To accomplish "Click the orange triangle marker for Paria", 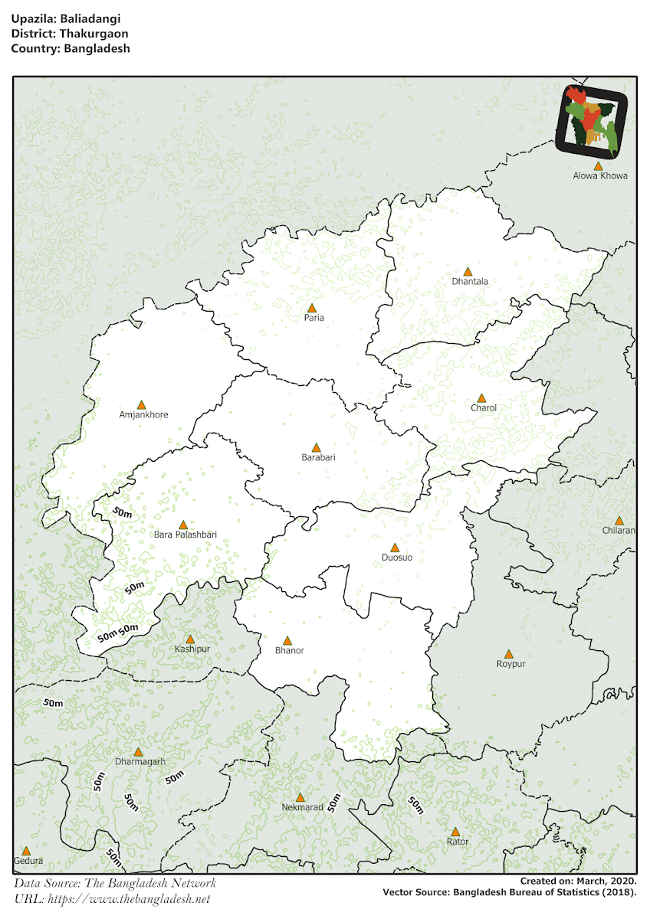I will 311,307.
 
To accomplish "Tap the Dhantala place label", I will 470,281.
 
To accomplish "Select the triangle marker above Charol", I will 481,398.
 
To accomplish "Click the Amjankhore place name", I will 143,414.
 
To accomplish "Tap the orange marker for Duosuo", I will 395,548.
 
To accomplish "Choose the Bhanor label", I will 289,650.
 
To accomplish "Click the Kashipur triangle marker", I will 190,639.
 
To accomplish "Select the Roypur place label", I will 510,664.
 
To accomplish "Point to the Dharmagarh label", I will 140,762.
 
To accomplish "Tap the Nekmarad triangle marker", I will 300,797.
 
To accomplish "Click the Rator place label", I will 457,842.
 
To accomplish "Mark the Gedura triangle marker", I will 26,851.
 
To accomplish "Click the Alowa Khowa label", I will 600,175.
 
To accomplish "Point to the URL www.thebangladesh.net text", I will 129,899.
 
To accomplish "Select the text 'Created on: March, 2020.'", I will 578,881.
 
